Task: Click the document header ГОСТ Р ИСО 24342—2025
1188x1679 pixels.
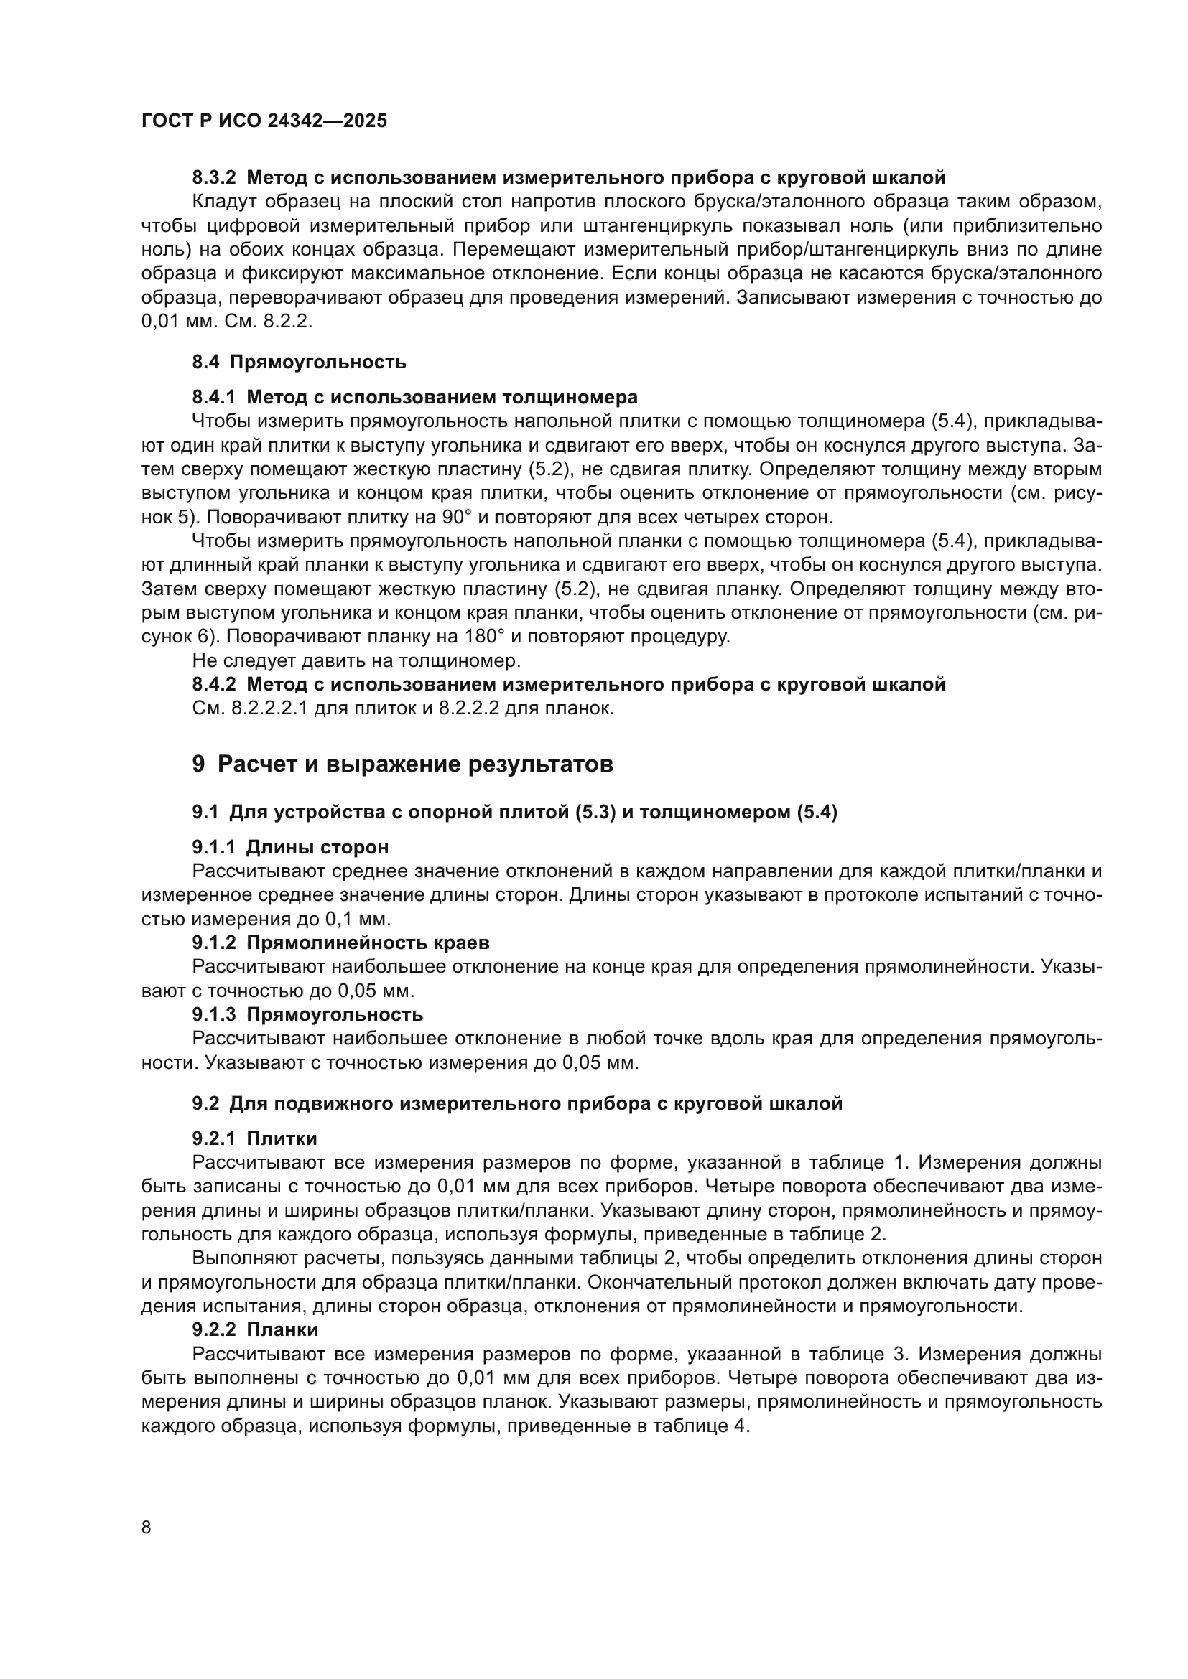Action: coord(264,121)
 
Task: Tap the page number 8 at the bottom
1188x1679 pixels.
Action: coord(147,1527)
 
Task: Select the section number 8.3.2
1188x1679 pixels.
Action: coord(214,178)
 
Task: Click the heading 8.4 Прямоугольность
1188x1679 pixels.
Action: coord(300,362)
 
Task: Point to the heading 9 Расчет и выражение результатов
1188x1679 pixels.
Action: coord(402,764)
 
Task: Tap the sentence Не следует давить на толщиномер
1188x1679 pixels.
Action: coord(356,660)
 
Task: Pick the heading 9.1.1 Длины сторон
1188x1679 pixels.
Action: coord(290,847)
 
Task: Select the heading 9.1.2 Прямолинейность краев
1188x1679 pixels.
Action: coord(341,943)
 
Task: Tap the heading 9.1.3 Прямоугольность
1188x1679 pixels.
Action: coord(307,1014)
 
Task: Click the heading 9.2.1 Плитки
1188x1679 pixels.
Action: coord(254,1138)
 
